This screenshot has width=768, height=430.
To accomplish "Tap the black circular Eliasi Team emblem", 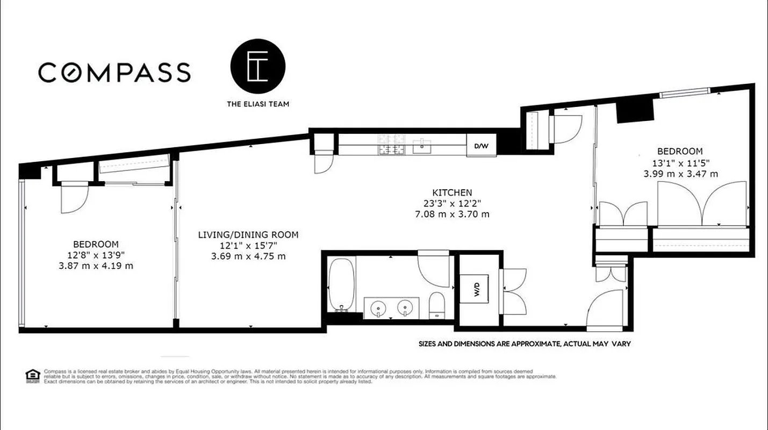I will point(257,67).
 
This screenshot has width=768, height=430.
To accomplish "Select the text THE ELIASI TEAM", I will point(257,104).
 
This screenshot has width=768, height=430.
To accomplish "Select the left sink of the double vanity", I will point(379,308).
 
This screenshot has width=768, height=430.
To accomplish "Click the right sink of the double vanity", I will point(405,308).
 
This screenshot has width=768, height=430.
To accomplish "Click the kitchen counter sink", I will point(422,144).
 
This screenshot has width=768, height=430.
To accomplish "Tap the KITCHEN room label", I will point(452,192).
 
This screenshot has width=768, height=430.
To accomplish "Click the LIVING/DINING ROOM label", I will point(248,235).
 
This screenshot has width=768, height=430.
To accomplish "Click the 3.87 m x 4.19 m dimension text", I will point(96,266).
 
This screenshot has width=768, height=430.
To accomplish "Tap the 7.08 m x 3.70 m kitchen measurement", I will point(452,214).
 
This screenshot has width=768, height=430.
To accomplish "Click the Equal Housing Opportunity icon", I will point(32,375).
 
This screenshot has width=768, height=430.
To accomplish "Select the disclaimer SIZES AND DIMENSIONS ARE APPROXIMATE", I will point(525,344).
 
